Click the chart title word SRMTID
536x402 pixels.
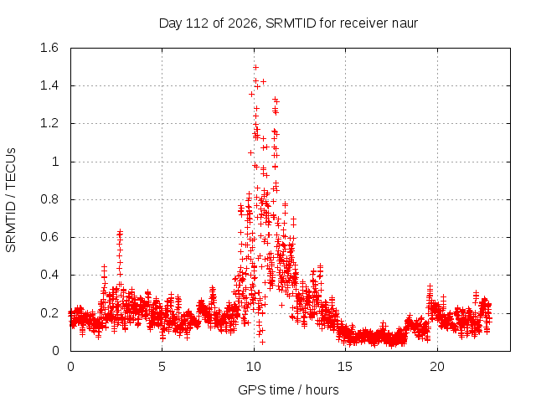click(x=291, y=23)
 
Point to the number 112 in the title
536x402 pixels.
click(x=197, y=23)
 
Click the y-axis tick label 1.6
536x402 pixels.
click(x=49, y=48)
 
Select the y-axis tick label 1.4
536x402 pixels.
click(x=49, y=85)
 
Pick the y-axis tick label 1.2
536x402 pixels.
click(x=49, y=123)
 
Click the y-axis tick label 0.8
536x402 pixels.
click(x=49, y=199)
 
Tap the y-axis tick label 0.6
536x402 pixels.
click(x=49, y=237)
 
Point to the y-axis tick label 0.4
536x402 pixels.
click(x=49, y=275)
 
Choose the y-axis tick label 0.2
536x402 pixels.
click(x=49, y=312)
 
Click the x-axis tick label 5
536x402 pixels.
click(x=162, y=367)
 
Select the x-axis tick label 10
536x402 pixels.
click(x=253, y=367)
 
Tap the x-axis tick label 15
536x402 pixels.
click(x=345, y=367)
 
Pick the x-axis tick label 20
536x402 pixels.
click(x=437, y=367)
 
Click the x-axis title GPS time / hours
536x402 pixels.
click(x=288, y=389)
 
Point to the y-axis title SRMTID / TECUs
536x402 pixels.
click(x=11, y=200)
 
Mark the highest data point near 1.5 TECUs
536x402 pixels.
click(x=255, y=67)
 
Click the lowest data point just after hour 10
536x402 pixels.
click(x=262, y=342)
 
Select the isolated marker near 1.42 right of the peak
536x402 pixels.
click(x=263, y=81)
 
